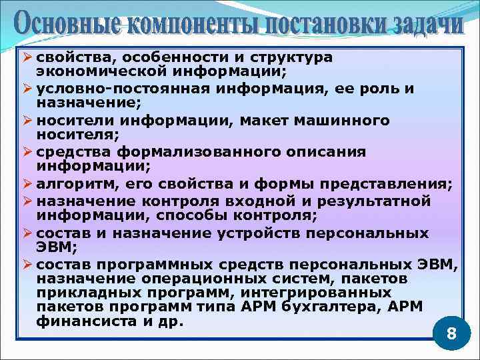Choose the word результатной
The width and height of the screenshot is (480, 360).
[x=371, y=202]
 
